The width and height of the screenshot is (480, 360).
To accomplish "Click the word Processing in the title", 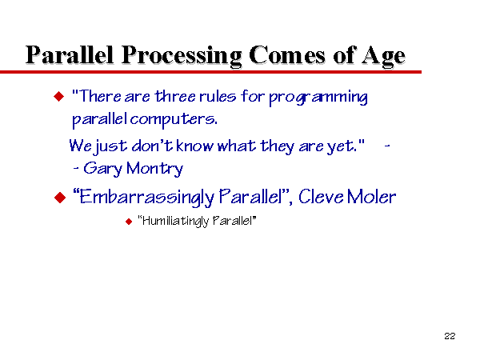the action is click(182, 56).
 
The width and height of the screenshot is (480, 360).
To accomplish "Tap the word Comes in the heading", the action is click(287, 55).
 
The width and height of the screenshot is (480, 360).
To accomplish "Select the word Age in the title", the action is click(383, 56).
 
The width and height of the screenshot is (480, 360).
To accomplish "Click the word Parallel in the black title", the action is click(70, 54).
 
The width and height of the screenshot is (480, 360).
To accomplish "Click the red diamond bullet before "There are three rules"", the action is click(58, 97).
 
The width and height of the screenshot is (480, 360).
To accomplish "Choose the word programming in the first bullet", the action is click(318, 98).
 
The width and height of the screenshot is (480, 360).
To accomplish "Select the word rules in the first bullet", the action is click(218, 96).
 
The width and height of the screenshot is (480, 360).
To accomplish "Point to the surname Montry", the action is click(154, 169).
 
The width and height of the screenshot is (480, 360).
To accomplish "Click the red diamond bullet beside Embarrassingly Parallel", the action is click(60, 198).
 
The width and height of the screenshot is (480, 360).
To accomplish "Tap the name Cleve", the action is click(321, 197).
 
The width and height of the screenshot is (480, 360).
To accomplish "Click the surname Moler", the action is click(371, 197).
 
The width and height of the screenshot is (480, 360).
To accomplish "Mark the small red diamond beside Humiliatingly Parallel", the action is click(129, 222).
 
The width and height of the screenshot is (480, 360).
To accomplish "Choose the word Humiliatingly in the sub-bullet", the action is click(175, 221).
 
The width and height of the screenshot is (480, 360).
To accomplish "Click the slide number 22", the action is click(450, 336).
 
